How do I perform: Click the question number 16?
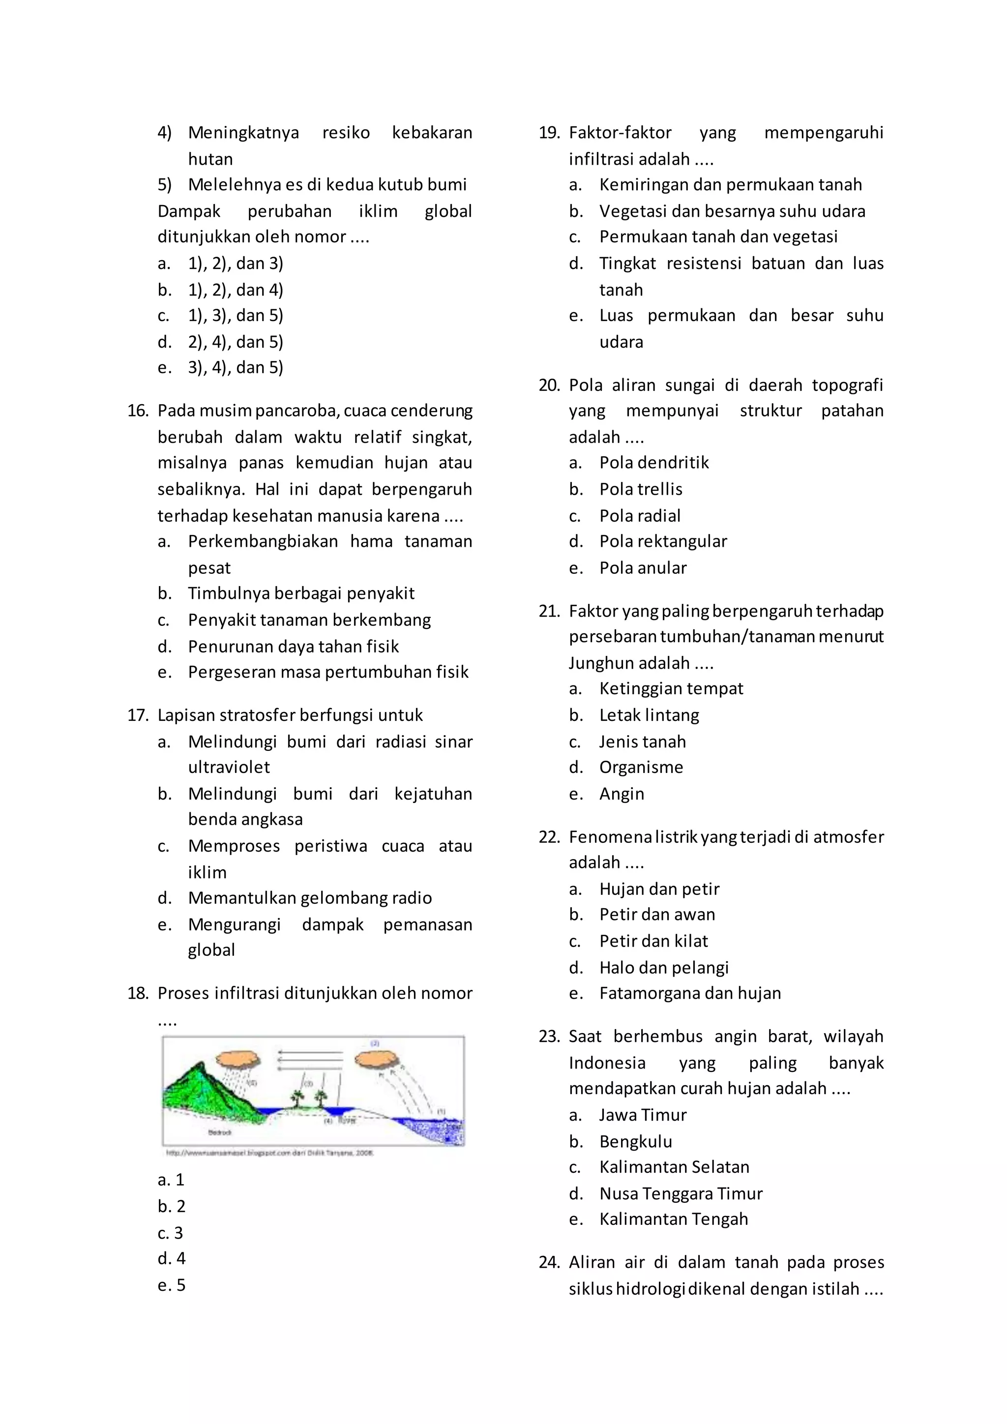[138, 411]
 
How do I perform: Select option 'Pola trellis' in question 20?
[641, 489]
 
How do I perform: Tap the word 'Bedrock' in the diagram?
[219, 1132]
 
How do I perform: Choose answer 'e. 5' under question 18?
[172, 1284]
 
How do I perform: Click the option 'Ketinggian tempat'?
[671, 688]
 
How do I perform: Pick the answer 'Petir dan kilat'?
[653, 941]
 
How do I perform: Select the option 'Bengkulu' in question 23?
[636, 1141]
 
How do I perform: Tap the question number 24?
[549, 1262]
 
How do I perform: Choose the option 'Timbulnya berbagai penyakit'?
[301, 593]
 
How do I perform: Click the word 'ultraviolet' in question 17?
[229, 767]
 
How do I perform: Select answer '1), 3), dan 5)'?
[236, 316]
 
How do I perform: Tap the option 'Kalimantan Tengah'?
[674, 1219]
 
